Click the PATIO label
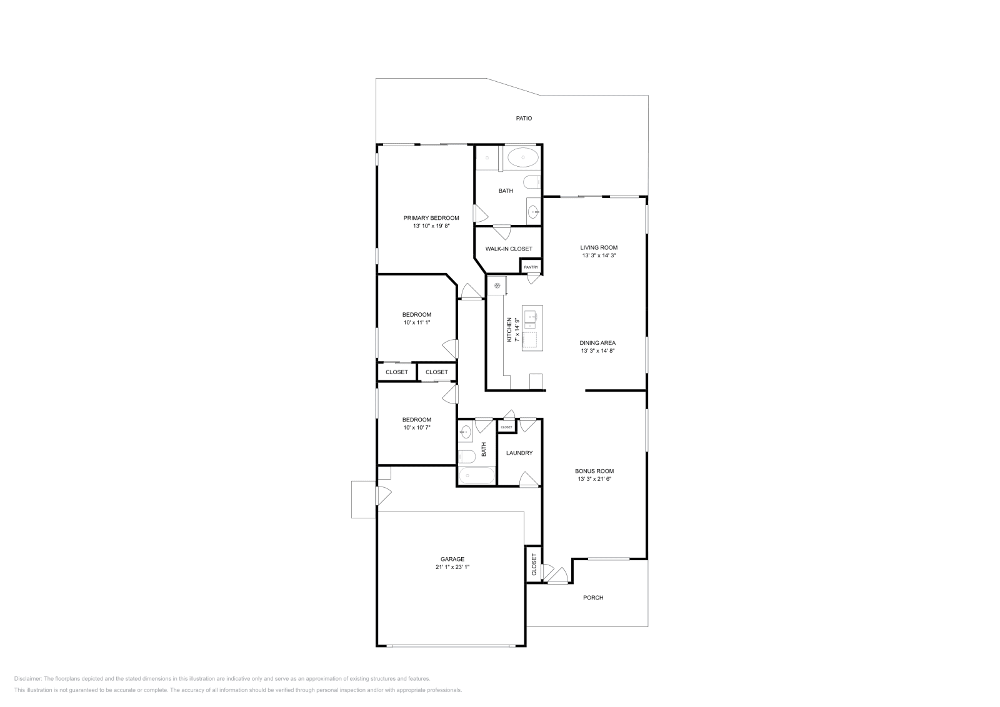pos(524,118)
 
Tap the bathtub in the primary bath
pos(522,158)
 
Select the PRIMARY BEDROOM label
pos(431,218)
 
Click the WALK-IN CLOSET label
pos(509,249)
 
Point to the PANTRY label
pos(531,267)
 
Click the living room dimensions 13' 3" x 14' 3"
pos(599,255)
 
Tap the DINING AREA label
pos(597,343)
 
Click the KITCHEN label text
pos(509,329)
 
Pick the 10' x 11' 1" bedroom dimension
pos(416,322)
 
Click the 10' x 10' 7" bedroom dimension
pos(416,428)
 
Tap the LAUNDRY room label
pos(519,453)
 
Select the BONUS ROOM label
pos(594,471)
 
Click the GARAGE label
pos(452,559)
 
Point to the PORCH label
pos(593,598)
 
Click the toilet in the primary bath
pos(532,182)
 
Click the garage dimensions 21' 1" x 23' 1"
pos(452,567)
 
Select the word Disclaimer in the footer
pos(27,678)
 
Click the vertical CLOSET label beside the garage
pos(534,564)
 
